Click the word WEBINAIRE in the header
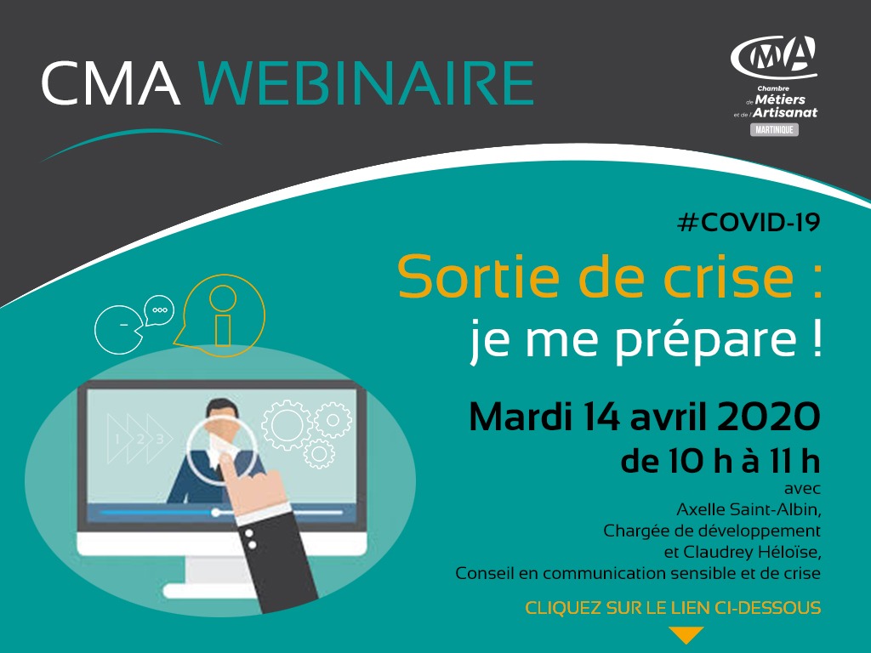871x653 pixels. point(366,83)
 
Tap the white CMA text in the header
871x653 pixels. point(111,83)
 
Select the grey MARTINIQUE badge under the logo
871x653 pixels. point(774,130)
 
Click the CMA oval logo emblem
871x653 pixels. point(774,57)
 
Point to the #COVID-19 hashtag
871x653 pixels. point(749,223)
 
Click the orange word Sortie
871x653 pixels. point(480,277)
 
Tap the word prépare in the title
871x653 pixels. point(706,339)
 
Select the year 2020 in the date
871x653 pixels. point(768,417)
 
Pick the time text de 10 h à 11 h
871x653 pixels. point(720,462)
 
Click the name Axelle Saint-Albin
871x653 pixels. point(747,509)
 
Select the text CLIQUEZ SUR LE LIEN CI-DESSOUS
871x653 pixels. point(673,607)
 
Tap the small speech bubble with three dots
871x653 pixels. point(159,310)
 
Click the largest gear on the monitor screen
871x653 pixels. point(287,425)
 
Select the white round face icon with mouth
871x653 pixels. point(117,330)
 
